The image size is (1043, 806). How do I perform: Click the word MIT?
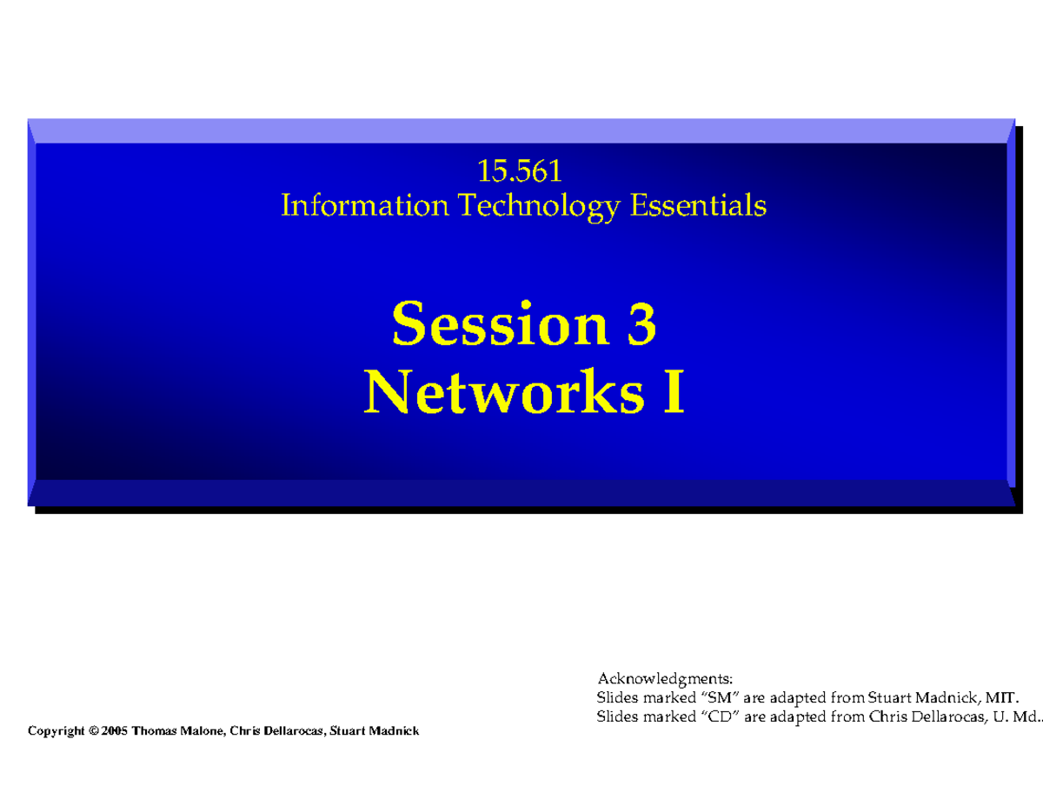pos(1001,697)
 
